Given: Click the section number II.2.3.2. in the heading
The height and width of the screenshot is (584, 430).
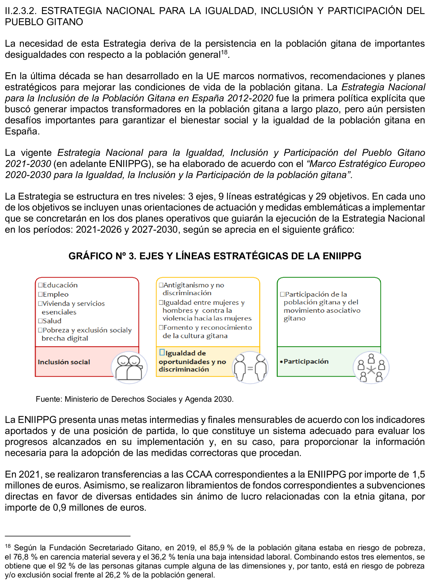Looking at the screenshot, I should tap(21, 11).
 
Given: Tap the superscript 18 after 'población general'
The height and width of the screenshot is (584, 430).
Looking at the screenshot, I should tap(224, 52).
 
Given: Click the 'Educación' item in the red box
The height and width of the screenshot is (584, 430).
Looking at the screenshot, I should tap(60, 285).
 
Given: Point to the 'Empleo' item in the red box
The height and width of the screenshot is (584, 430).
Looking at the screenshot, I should tap(55, 294).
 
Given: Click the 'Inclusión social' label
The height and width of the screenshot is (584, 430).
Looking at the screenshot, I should tap(64, 362).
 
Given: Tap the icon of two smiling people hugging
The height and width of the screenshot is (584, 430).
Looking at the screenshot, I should tap(129, 368).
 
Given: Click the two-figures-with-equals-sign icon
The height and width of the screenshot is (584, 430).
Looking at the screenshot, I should tap(250, 368).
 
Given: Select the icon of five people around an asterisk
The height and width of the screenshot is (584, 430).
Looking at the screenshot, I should tap(371, 368).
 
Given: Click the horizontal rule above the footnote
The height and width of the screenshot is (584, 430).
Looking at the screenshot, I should tap(67, 536).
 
